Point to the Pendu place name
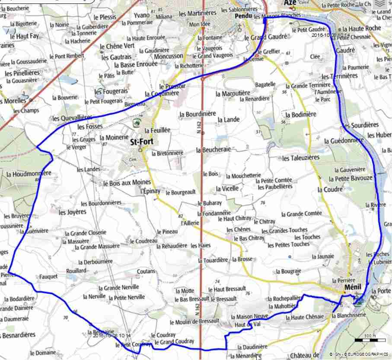point(243,16)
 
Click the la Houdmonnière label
point(29,173)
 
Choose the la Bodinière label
point(301,114)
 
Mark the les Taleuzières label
point(300,158)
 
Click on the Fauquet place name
point(48,276)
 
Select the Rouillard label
point(76,270)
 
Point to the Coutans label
point(146,271)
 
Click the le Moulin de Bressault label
point(194,322)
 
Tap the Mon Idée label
point(200,24)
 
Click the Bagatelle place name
point(265,84)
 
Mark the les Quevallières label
point(72,118)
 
